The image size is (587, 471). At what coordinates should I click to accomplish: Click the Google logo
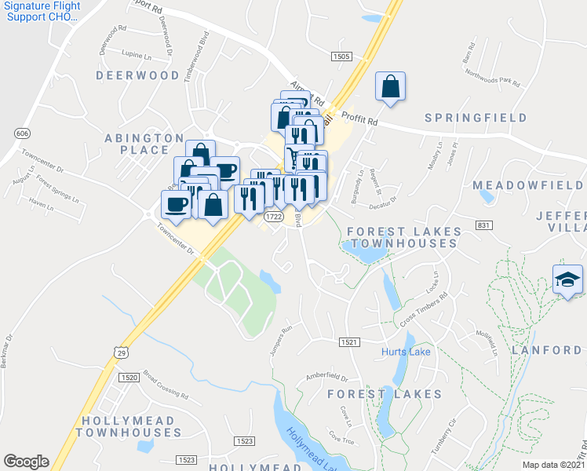pyautogui.click(x=26, y=462)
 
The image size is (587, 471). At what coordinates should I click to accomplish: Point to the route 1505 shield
pyautogui.click(x=341, y=57)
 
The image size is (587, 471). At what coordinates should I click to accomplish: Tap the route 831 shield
pyautogui.click(x=483, y=225)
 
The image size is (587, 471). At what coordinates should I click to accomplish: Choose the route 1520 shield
pyautogui.click(x=129, y=378)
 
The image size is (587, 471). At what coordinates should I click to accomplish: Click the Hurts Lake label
pyautogui.click(x=407, y=351)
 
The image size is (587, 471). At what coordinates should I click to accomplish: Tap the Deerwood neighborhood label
pyautogui.click(x=138, y=75)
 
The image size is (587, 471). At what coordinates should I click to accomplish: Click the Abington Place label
pyautogui.click(x=138, y=143)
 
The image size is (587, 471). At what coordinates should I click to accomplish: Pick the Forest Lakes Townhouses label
pyautogui.click(x=401, y=237)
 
